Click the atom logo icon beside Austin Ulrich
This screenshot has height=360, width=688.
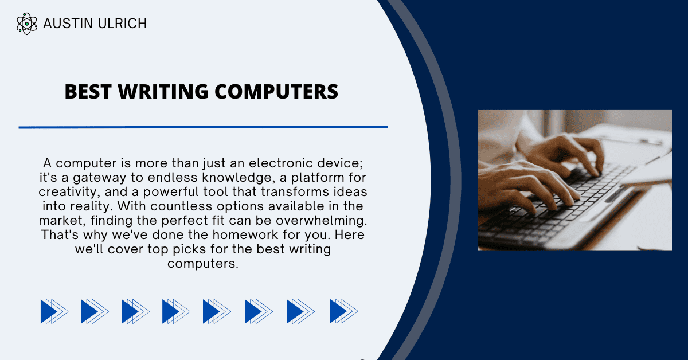26,24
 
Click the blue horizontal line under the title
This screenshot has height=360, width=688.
203,127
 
